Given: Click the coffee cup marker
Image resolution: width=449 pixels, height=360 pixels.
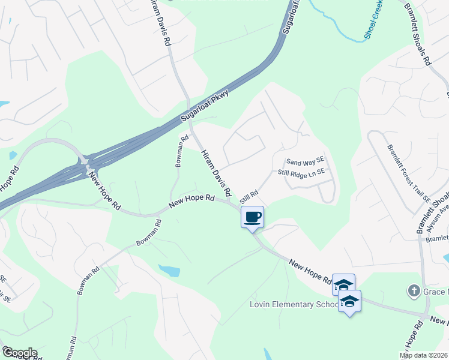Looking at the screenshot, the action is pos(252,217).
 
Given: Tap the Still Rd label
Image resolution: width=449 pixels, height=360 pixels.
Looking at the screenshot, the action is pos(249,196).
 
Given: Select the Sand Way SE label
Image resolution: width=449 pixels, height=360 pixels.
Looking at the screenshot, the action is pos(305,161).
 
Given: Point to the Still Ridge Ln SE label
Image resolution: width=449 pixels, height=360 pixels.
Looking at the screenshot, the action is pos(301,172).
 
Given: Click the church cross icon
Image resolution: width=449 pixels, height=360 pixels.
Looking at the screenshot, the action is pos(413,292).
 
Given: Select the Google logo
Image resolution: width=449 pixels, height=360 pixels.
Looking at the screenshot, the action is pos(20,353).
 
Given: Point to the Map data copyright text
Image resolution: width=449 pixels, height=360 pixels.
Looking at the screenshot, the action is pos(424,355).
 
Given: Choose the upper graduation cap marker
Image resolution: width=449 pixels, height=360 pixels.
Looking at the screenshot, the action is pos(343,284).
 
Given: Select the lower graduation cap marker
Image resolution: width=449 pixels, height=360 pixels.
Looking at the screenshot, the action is pos(349,301).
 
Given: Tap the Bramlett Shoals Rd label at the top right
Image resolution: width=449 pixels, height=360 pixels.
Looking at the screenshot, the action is pos(418,33).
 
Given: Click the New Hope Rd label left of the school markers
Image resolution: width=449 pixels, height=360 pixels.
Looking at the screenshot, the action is pos(310,272).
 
